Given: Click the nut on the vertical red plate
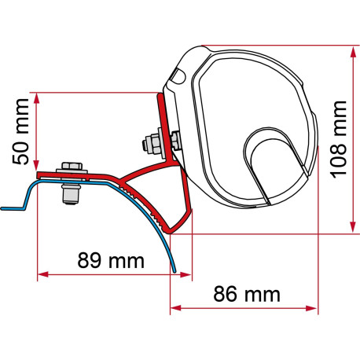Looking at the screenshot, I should [149, 145].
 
